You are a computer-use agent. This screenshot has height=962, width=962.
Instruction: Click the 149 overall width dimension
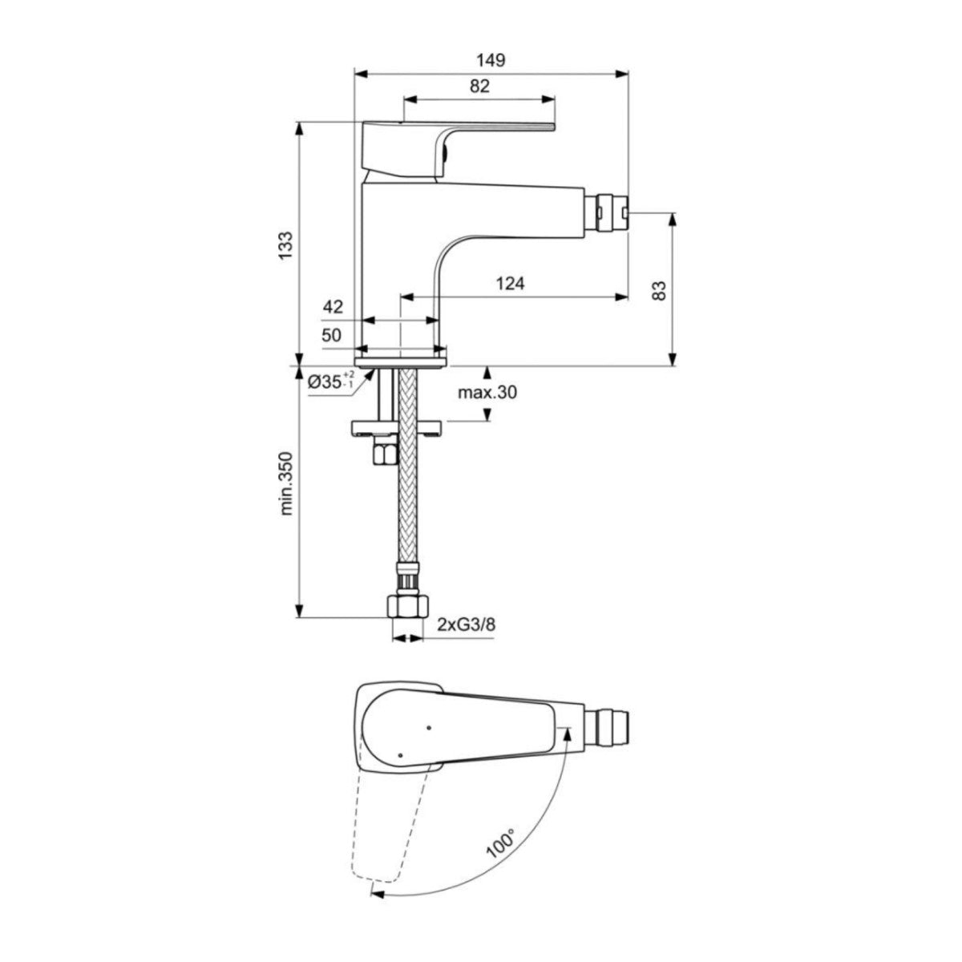click(491, 60)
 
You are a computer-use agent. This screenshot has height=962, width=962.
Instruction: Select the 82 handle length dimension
click(479, 87)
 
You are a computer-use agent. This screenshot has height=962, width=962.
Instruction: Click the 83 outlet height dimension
click(660, 289)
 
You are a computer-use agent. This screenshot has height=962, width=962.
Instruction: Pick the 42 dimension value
click(333, 306)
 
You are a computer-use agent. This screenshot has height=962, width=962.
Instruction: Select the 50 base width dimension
click(332, 336)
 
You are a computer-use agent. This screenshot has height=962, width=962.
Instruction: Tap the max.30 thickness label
click(487, 393)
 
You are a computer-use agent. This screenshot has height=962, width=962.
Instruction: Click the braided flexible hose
click(409, 497)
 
